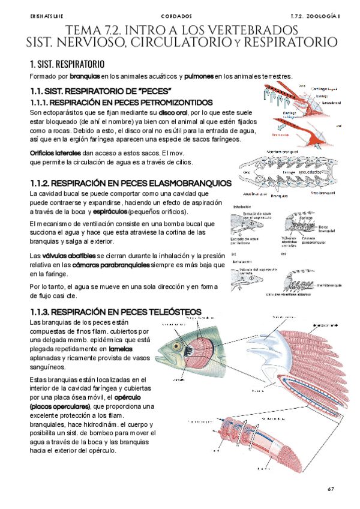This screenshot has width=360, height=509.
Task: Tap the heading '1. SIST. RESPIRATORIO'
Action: [x=67, y=64]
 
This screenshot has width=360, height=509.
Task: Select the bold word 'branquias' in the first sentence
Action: [x=85, y=77]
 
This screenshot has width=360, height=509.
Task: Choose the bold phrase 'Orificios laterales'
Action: [x=55, y=153]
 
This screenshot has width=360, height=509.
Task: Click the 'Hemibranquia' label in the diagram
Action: [x=331, y=284]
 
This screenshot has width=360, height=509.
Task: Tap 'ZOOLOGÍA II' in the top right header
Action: [x=323, y=16]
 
